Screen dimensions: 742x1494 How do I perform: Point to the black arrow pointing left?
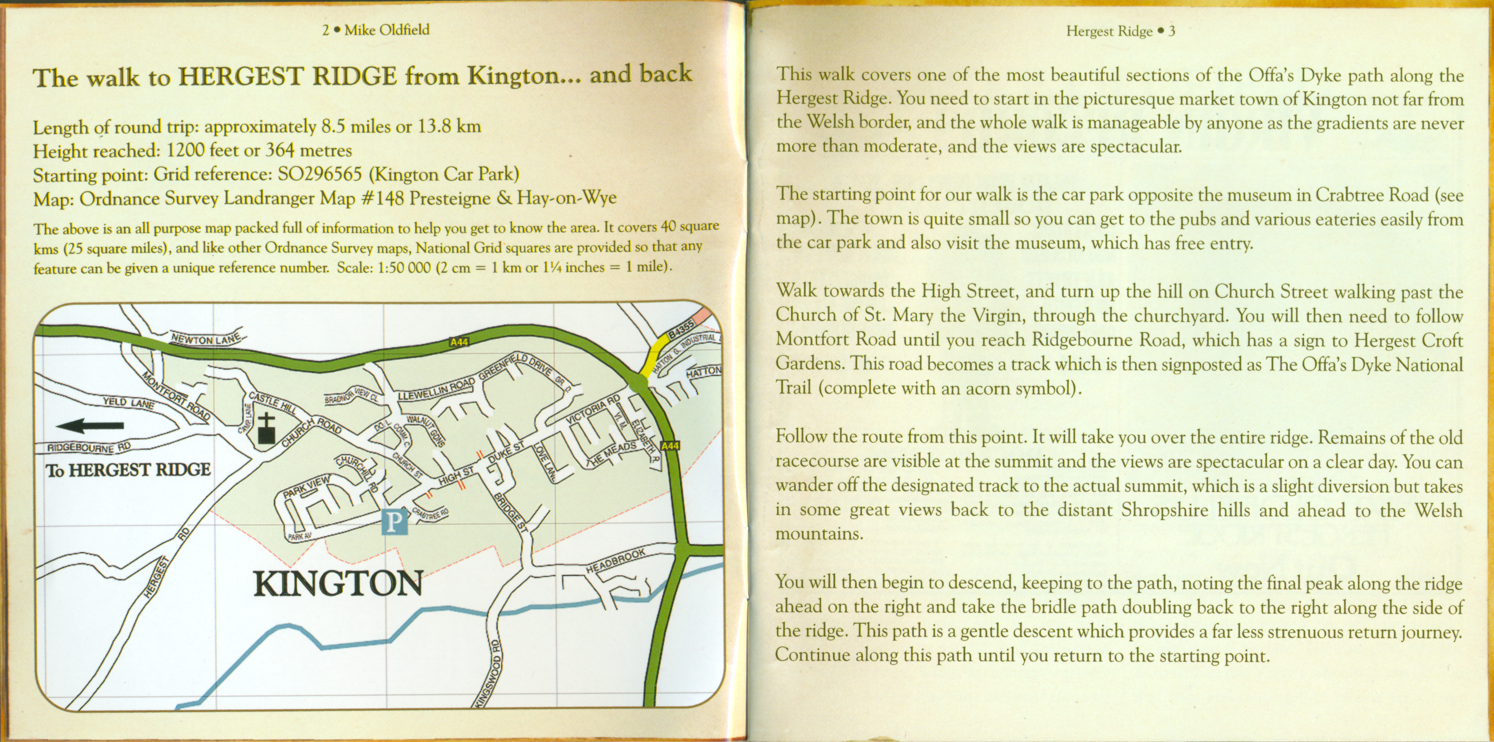coord(90,426)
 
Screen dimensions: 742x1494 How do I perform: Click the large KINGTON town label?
coord(339,584)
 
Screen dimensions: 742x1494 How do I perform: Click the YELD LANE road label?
coord(128,402)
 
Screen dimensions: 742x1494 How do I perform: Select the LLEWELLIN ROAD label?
coord(436,389)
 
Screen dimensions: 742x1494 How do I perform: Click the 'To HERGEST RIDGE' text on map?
coord(128,469)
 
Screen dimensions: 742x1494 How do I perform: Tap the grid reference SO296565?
coord(320,175)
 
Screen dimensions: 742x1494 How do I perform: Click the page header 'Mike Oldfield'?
coord(387,30)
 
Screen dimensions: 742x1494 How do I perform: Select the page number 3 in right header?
coord(1172,31)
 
